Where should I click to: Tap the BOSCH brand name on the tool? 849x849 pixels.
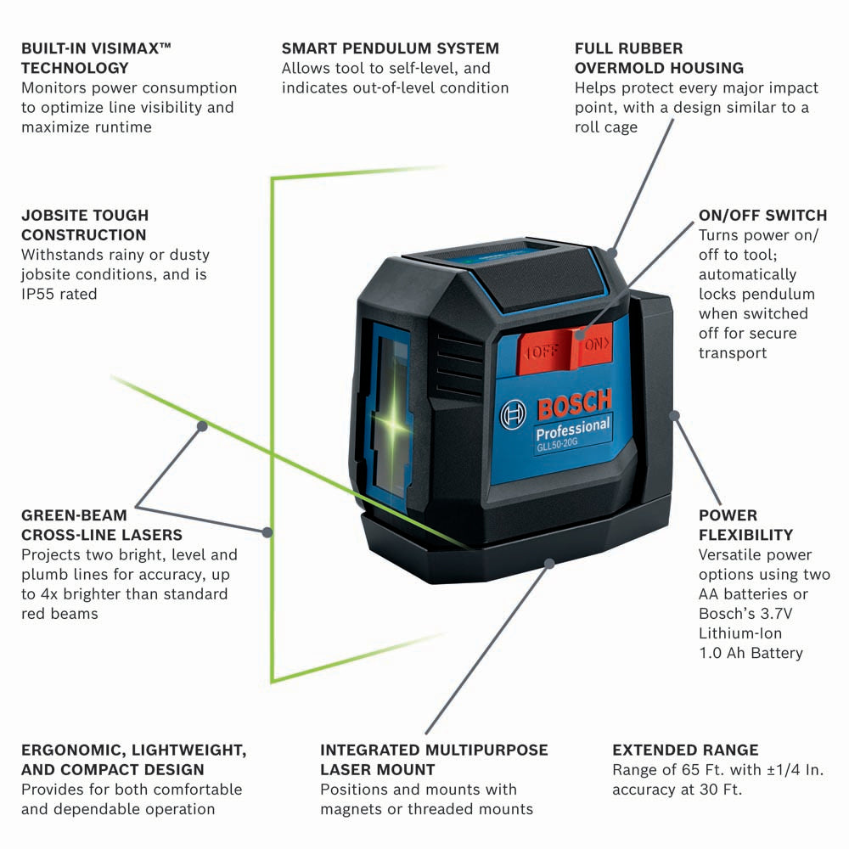click(574, 405)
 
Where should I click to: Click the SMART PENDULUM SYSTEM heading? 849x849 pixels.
click(391, 48)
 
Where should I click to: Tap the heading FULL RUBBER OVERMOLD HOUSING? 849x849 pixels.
click(659, 58)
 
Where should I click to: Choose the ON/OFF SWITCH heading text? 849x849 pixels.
click(762, 216)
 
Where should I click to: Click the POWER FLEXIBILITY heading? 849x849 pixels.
click(745, 525)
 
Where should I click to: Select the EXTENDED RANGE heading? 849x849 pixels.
click(685, 750)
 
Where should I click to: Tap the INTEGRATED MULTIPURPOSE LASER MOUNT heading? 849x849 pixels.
click(434, 760)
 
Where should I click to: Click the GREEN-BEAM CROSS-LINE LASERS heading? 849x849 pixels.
click(102, 525)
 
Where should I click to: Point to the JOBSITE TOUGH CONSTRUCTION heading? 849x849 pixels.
click(85, 225)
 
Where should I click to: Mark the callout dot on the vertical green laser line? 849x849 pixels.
click(267, 532)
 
